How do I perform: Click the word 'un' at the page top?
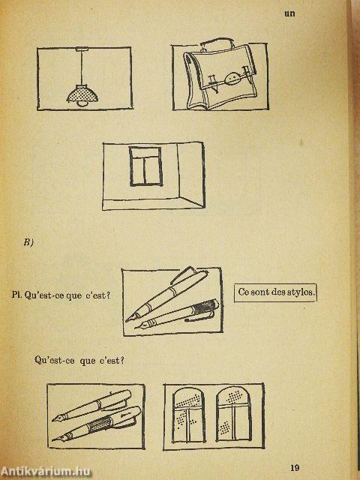pyautogui.click(x=289, y=13)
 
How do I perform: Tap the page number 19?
pyautogui.click(x=295, y=467)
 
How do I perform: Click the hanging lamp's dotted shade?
pyautogui.click(x=82, y=94)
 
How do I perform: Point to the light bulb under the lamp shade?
pyautogui.click(x=82, y=104)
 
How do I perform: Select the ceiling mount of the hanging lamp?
pyautogui.click(x=82, y=49)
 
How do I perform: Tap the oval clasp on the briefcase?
pyautogui.click(x=232, y=78)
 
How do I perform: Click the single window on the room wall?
pyautogui.click(x=145, y=166)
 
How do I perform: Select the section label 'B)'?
pyautogui.click(x=28, y=242)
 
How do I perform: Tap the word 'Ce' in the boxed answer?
pyautogui.click(x=243, y=292)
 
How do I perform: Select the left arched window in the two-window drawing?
pyautogui.click(x=188, y=415)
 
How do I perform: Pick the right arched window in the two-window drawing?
pyautogui.click(x=233, y=414)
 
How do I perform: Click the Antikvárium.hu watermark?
pyautogui.click(x=45, y=472)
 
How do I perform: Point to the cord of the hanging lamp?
pyautogui.click(x=82, y=68)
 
